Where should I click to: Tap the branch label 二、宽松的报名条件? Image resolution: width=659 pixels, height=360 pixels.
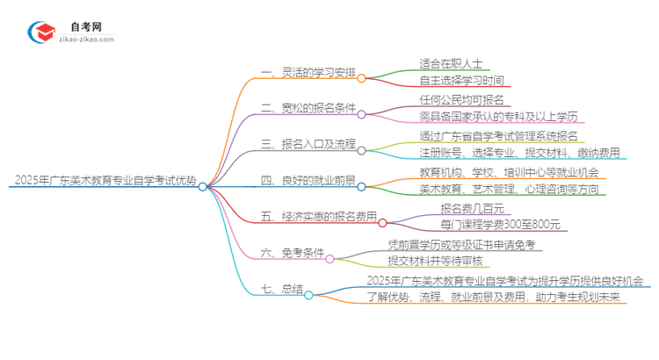tap(302, 108)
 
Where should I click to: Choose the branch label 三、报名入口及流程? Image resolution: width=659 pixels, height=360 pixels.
tap(302, 145)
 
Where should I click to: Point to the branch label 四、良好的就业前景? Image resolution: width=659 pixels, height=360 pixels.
tap(302, 183)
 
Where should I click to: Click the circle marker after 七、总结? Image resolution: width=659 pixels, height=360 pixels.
tap(308, 295)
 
